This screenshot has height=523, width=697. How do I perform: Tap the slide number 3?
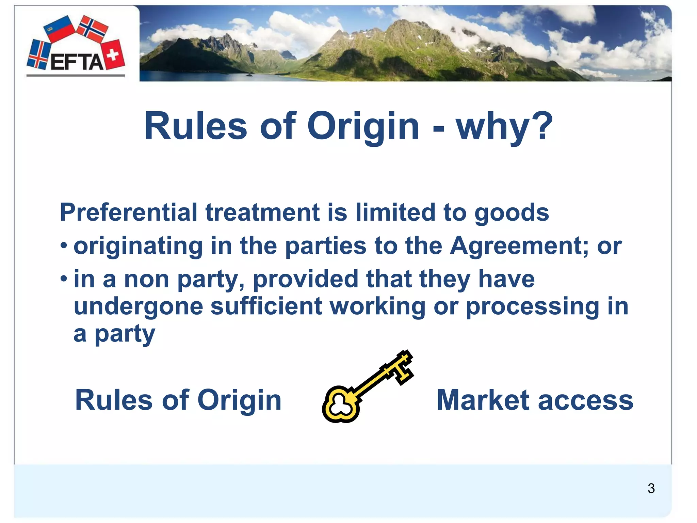[x=651, y=488]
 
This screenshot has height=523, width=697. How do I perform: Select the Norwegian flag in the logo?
[x=92, y=29]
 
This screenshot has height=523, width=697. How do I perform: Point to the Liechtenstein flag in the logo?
[x=60, y=29]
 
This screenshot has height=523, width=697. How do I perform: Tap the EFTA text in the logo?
[x=77, y=62]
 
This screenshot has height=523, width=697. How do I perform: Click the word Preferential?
[x=128, y=212]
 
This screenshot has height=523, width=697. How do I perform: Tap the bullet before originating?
[x=64, y=245]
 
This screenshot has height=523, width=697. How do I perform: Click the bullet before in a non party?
[x=64, y=279]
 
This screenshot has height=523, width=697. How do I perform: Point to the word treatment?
[x=262, y=212]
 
